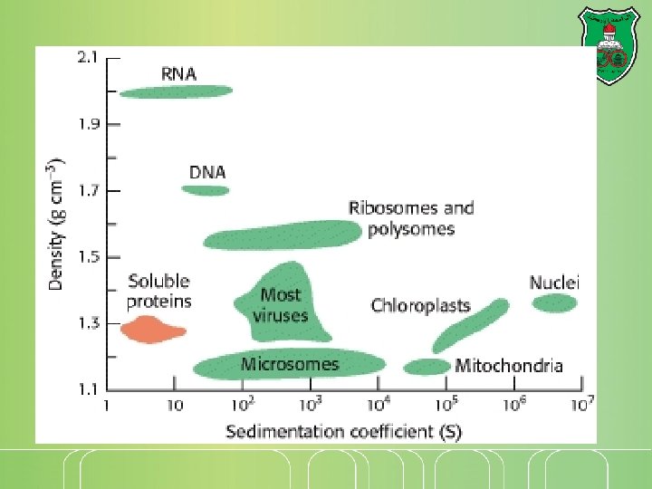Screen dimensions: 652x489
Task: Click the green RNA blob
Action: (x=177, y=91)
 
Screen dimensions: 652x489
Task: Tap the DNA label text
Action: (x=207, y=171)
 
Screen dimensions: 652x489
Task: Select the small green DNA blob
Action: (x=206, y=190)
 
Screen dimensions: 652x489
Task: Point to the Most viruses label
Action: (x=281, y=305)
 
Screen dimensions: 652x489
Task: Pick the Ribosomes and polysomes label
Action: (x=411, y=218)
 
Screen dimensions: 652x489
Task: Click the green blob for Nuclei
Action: (x=554, y=303)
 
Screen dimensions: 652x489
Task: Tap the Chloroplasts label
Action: (x=420, y=305)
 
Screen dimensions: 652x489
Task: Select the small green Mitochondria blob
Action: (x=427, y=367)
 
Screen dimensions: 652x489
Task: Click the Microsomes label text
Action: (x=290, y=365)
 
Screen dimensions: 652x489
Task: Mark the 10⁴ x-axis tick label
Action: (x=379, y=404)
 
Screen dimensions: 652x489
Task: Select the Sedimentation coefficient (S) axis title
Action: (x=343, y=431)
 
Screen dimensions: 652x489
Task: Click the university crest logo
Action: (x=611, y=46)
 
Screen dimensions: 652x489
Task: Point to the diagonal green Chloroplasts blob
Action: (x=471, y=325)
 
